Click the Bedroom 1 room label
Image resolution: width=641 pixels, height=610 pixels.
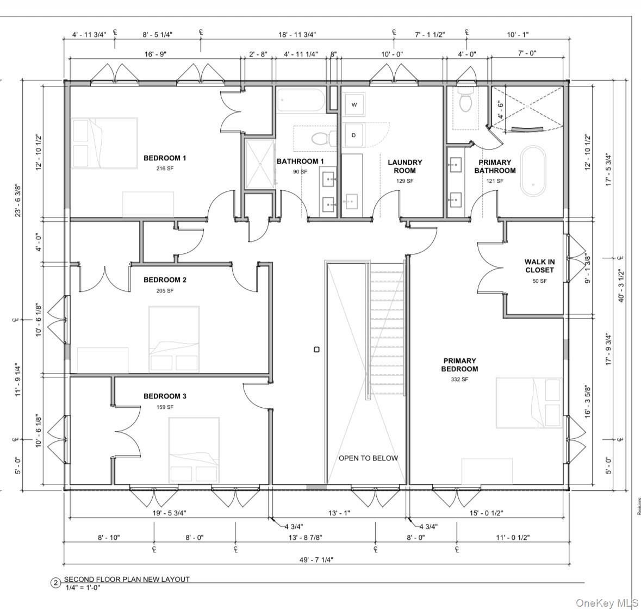[x=165, y=158]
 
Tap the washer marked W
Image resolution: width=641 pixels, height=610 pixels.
[x=354, y=105]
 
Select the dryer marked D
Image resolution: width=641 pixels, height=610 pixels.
[x=354, y=135]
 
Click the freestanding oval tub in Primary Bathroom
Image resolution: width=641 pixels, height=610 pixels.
[x=533, y=170]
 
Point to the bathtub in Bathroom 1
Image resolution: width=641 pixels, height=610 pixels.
[x=301, y=101]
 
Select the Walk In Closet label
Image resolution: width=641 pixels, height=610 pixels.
[x=539, y=266]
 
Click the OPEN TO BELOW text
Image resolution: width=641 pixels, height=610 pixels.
[x=368, y=458]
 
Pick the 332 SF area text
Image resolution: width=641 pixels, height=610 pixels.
[x=459, y=379]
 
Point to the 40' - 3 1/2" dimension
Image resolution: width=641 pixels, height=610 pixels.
[x=623, y=286]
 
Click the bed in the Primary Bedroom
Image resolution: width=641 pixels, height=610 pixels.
[x=528, y=402]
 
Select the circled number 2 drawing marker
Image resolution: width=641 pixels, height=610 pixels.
[x=55, y=583]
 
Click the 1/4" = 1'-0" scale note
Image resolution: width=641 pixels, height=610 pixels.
[x=82, y=587]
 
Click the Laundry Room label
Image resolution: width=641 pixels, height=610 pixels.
[x=404, y=166]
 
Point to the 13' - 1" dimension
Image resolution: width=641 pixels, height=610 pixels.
[x=339, y=513]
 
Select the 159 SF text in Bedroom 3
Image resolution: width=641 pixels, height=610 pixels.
[x=165, y=407]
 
